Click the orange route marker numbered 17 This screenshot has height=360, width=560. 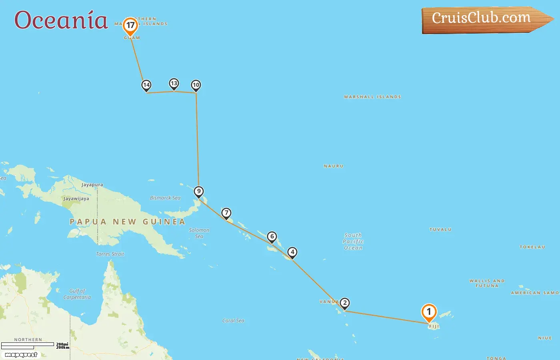130,26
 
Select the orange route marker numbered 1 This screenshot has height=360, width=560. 429,312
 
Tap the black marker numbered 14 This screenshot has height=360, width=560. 146,85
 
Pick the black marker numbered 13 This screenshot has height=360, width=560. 174,83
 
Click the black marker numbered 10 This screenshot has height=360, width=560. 196,85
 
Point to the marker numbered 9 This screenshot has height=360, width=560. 198,191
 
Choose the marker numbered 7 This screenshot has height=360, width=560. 226,213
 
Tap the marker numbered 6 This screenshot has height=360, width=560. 272,236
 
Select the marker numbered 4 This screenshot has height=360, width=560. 292,252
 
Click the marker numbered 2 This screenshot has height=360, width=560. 344,303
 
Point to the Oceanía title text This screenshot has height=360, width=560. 61,20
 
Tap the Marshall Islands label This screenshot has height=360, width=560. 372,97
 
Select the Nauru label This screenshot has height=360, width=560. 334,166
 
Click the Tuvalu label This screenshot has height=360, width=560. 440,230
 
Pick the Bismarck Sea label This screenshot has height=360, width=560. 165,198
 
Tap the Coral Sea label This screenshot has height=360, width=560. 233,321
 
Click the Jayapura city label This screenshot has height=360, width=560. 92,185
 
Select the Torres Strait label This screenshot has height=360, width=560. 110,254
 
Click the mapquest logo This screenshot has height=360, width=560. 21,355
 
